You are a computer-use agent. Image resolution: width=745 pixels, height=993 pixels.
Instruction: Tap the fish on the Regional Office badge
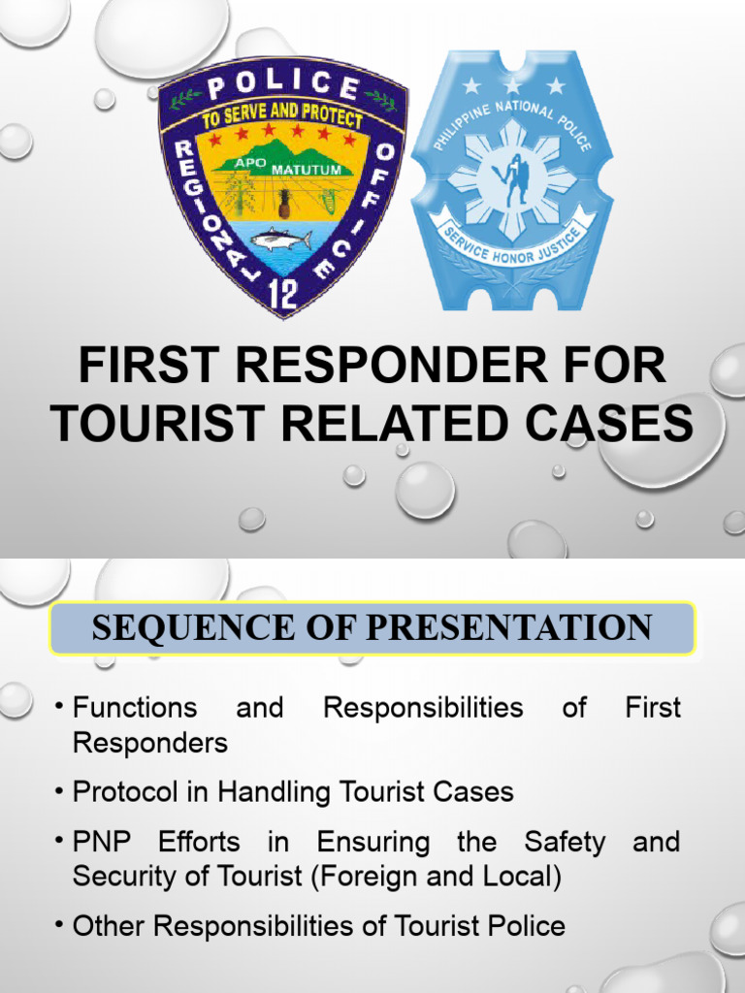click(280, 240)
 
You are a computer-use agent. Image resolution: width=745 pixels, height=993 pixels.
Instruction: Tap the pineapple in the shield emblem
click(284, 203)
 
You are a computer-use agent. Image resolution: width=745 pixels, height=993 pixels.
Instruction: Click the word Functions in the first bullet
click(135, 708)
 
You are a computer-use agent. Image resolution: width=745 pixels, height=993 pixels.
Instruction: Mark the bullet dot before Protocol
click(60, 792)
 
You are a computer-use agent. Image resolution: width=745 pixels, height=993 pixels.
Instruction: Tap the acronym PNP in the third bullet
click(101, 842)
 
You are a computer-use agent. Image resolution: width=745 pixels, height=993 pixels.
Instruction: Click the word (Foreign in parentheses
click(386, 877)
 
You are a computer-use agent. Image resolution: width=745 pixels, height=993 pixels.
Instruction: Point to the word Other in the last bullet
click(110, 926)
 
